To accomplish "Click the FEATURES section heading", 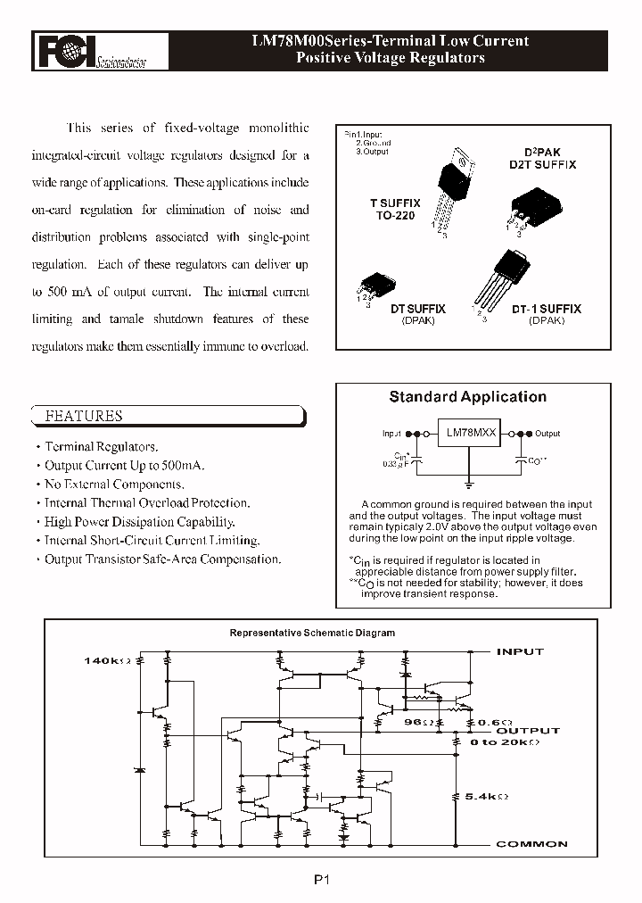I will click(84, 416).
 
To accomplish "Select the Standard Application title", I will click(467, 397).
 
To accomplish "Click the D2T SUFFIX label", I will click(542, 165).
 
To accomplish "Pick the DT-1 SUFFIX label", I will click(546, 309).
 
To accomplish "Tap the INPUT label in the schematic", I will click(520, 651).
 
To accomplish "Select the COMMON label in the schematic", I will click(531, 844).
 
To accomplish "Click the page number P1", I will click(322, 879).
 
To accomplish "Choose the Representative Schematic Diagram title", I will click(312, 633).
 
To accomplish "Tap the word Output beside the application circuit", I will click(547, 434).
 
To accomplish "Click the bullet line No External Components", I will click(114, 485).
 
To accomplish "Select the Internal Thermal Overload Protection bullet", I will click(147, 503).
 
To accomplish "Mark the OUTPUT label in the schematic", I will click(528, 730).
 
